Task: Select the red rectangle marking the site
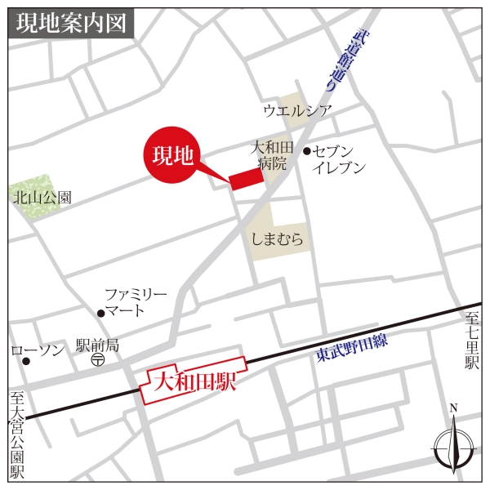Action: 244,180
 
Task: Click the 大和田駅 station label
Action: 194,380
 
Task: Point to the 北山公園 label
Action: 42,197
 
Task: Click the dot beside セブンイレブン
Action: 307,151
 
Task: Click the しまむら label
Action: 279,239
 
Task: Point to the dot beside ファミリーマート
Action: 100,312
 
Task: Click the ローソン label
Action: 38,350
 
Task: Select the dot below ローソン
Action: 26,361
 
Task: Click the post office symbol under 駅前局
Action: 97,359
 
